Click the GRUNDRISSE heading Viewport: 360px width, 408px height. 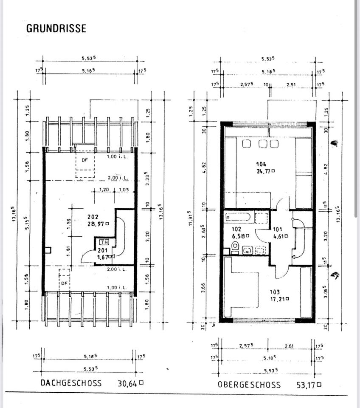tap(56, 28)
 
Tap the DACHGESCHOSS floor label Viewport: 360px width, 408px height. tap(71, 383)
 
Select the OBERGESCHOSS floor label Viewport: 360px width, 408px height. tap(249, 385)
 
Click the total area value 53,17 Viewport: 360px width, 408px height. tap(306, 385)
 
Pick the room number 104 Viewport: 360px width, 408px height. tap(261, 164)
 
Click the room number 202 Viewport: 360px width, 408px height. tap(93, 216)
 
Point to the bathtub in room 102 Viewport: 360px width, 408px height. tap(238, 217)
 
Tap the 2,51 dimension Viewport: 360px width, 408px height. tap(291, 85)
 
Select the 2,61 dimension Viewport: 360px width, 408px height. tap(289, 346)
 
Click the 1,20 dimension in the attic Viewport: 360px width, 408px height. tap(104, 190)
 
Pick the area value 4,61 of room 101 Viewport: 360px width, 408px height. tap(280, 236)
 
